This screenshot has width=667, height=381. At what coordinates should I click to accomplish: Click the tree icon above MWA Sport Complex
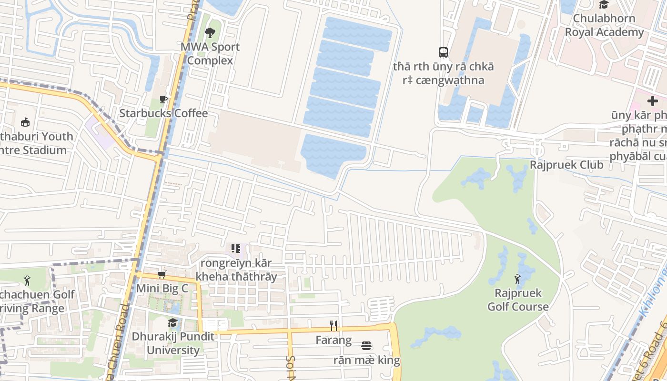210,33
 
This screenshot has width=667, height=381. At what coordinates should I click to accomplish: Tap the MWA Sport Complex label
210,54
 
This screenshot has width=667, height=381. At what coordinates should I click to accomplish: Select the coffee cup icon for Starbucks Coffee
163,99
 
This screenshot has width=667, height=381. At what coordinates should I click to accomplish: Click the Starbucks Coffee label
163,113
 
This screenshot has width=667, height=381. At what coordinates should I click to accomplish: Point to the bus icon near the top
443,52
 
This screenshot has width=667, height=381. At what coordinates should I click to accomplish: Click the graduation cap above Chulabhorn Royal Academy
604,5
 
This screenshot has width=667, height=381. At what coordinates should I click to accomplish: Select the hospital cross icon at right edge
652,101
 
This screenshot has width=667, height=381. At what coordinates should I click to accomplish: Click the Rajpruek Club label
566,165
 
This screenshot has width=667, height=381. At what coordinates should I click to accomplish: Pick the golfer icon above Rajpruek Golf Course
518,279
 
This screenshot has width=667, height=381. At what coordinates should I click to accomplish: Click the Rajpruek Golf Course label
518,300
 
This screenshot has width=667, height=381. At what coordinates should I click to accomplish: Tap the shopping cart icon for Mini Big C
162,274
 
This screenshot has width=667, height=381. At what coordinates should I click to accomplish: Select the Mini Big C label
162,289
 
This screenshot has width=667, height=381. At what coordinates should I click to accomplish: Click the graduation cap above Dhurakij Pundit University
172,322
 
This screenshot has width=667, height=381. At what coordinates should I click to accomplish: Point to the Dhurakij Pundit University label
173,343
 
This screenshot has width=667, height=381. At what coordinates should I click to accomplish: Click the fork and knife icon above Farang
333,326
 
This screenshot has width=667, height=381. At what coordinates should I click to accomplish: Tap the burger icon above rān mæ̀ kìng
366,345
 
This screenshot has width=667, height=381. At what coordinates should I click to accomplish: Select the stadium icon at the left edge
25,122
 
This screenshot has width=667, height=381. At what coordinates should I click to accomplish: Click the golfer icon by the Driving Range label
27,281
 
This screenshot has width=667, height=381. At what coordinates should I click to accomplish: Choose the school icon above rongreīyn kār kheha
236,249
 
